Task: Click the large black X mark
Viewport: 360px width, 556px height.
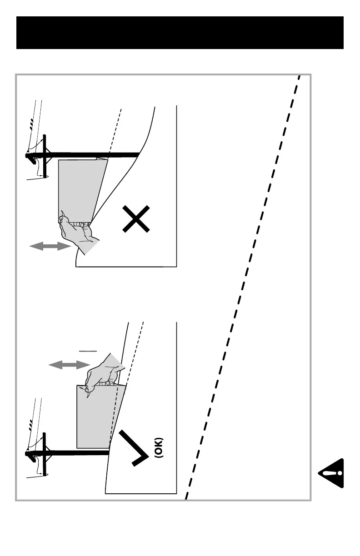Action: [x=136, y=219]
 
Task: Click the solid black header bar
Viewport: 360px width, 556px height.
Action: [x=180, y=33]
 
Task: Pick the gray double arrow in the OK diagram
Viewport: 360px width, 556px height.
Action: [x=69, y=364]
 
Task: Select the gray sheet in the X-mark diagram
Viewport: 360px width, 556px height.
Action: [x=80, y=189]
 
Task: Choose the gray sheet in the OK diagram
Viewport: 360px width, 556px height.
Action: [x=95, y=416]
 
